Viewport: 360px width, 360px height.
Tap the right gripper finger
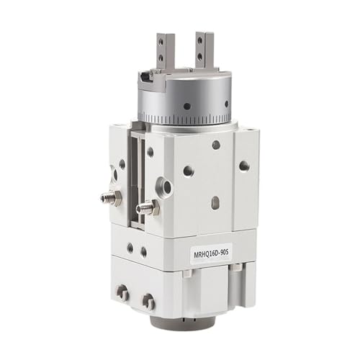click(204, 50)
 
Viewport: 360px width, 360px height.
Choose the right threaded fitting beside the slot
click(147, 207)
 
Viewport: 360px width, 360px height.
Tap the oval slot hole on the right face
click(215, 203)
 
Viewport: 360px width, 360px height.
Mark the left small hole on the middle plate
click(130, 248)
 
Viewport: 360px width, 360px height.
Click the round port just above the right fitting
click(167, 187)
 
